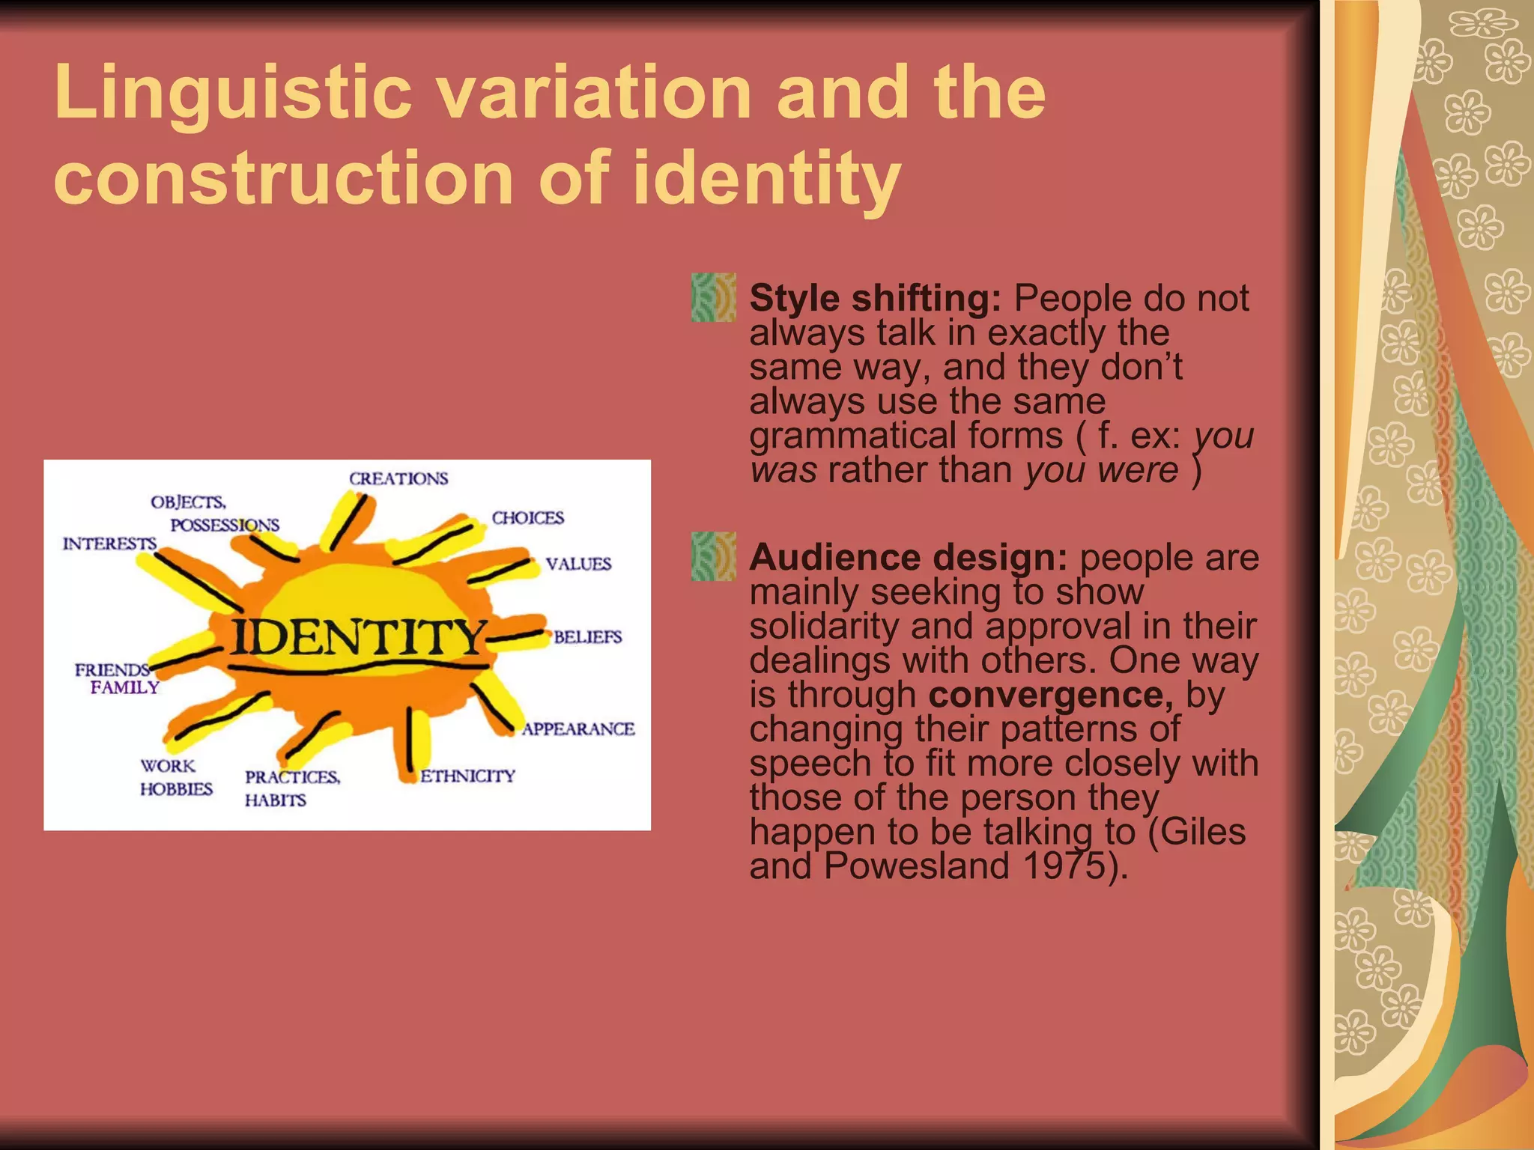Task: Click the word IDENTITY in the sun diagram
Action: coord(358,637)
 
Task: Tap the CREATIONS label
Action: coord(398,478)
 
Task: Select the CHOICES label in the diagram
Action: coord(527,518)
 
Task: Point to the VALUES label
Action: coord(578,564)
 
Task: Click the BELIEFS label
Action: coord(588,637)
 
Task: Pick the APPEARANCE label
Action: coord(578,729)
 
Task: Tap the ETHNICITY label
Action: coord(467,776)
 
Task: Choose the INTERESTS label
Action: coord(109,544)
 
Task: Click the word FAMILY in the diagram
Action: coord(125,687)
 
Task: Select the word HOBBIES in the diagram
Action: coord(176,789)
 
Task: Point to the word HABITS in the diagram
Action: coord(275,800)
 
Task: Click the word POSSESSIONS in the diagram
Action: coord(225,525)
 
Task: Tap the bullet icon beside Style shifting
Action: coord(713,298)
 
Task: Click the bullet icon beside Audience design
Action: coord(713,557)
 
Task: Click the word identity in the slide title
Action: coord(766,178)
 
